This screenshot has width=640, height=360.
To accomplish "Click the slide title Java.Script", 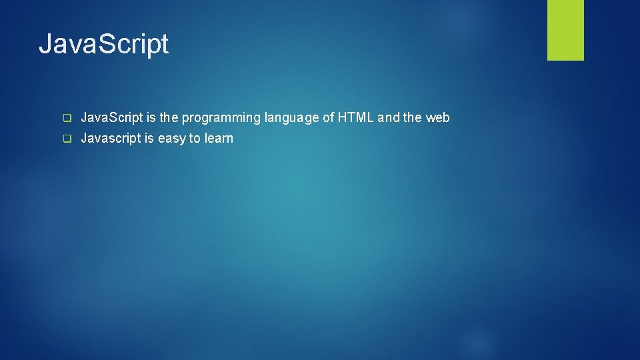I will pos(103,45).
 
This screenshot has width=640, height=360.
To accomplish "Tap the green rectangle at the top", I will pos(565,30).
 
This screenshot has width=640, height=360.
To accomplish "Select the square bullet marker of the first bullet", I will pos(67,118).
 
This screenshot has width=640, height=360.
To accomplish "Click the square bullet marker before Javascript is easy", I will pos(67,139).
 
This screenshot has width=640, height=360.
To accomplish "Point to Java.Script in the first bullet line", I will pos(111,118).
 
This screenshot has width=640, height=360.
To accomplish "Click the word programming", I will pos(221,118).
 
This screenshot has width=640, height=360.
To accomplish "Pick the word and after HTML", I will pos(389,118).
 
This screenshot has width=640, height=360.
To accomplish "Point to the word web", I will pos(438,118).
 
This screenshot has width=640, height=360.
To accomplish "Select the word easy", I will pos(171,139).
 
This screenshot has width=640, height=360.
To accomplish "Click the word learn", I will pos(219,139).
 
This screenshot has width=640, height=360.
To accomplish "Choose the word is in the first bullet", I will pos(151,118).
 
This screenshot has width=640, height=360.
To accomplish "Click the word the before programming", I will pos(169,118).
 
